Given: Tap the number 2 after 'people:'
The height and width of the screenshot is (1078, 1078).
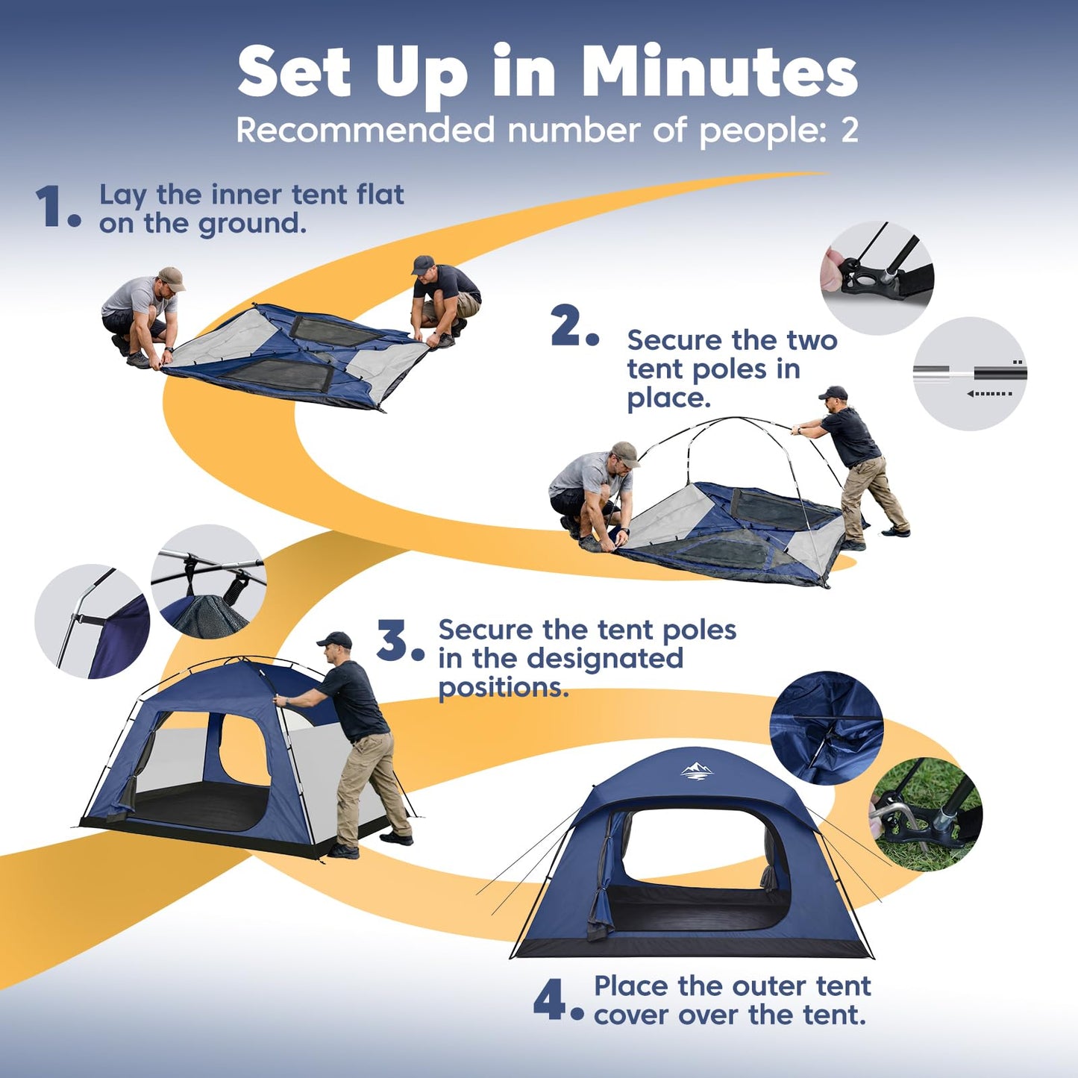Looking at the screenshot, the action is click(849, 131).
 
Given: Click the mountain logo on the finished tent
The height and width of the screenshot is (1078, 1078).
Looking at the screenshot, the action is click(697, 772).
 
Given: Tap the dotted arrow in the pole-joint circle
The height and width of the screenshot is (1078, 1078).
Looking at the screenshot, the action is click(989, 394).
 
